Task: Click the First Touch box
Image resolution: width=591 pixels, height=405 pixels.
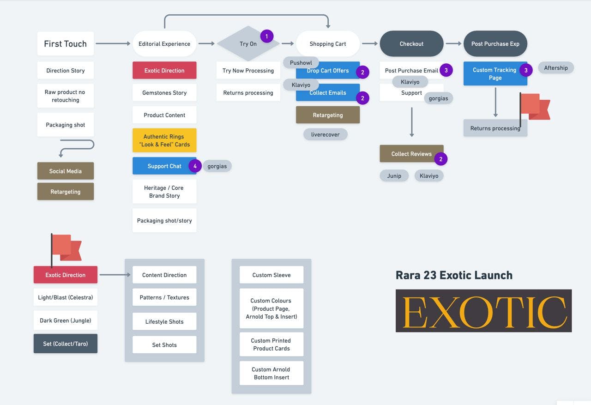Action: (x=66, y=44)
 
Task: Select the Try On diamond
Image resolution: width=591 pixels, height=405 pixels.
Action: (x=248, y=44)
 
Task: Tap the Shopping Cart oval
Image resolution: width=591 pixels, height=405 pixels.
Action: (x=328, y=44)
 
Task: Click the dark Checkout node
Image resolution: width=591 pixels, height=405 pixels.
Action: (x=411, y=44)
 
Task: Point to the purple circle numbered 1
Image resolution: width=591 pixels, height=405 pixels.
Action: (x=267, y=36)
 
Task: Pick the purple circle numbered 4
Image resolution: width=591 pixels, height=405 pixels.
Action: (x=195, y=166)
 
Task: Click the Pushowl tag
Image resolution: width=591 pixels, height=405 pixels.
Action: (x=301, y=63)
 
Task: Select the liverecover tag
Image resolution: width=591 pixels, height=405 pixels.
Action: (x=326, y=134)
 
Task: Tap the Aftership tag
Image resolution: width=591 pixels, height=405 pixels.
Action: (x=556, y=68)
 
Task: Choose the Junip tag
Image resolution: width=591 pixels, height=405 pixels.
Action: (x=394, y=175)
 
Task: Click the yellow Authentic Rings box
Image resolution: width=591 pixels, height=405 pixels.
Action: (x=164, y=140)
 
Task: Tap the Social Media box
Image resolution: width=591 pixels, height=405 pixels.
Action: (x=66, y=171)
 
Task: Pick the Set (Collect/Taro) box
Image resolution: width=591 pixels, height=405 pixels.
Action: (x=66, y=344)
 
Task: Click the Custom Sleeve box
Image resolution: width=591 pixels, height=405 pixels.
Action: (x=271, y=275)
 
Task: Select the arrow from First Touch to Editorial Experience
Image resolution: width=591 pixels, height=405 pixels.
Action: (x=113, y=44)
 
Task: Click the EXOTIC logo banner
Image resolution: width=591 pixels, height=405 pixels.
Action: (x=483, y=311)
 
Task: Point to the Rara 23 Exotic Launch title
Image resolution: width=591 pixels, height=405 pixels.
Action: (x=454, y=275)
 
